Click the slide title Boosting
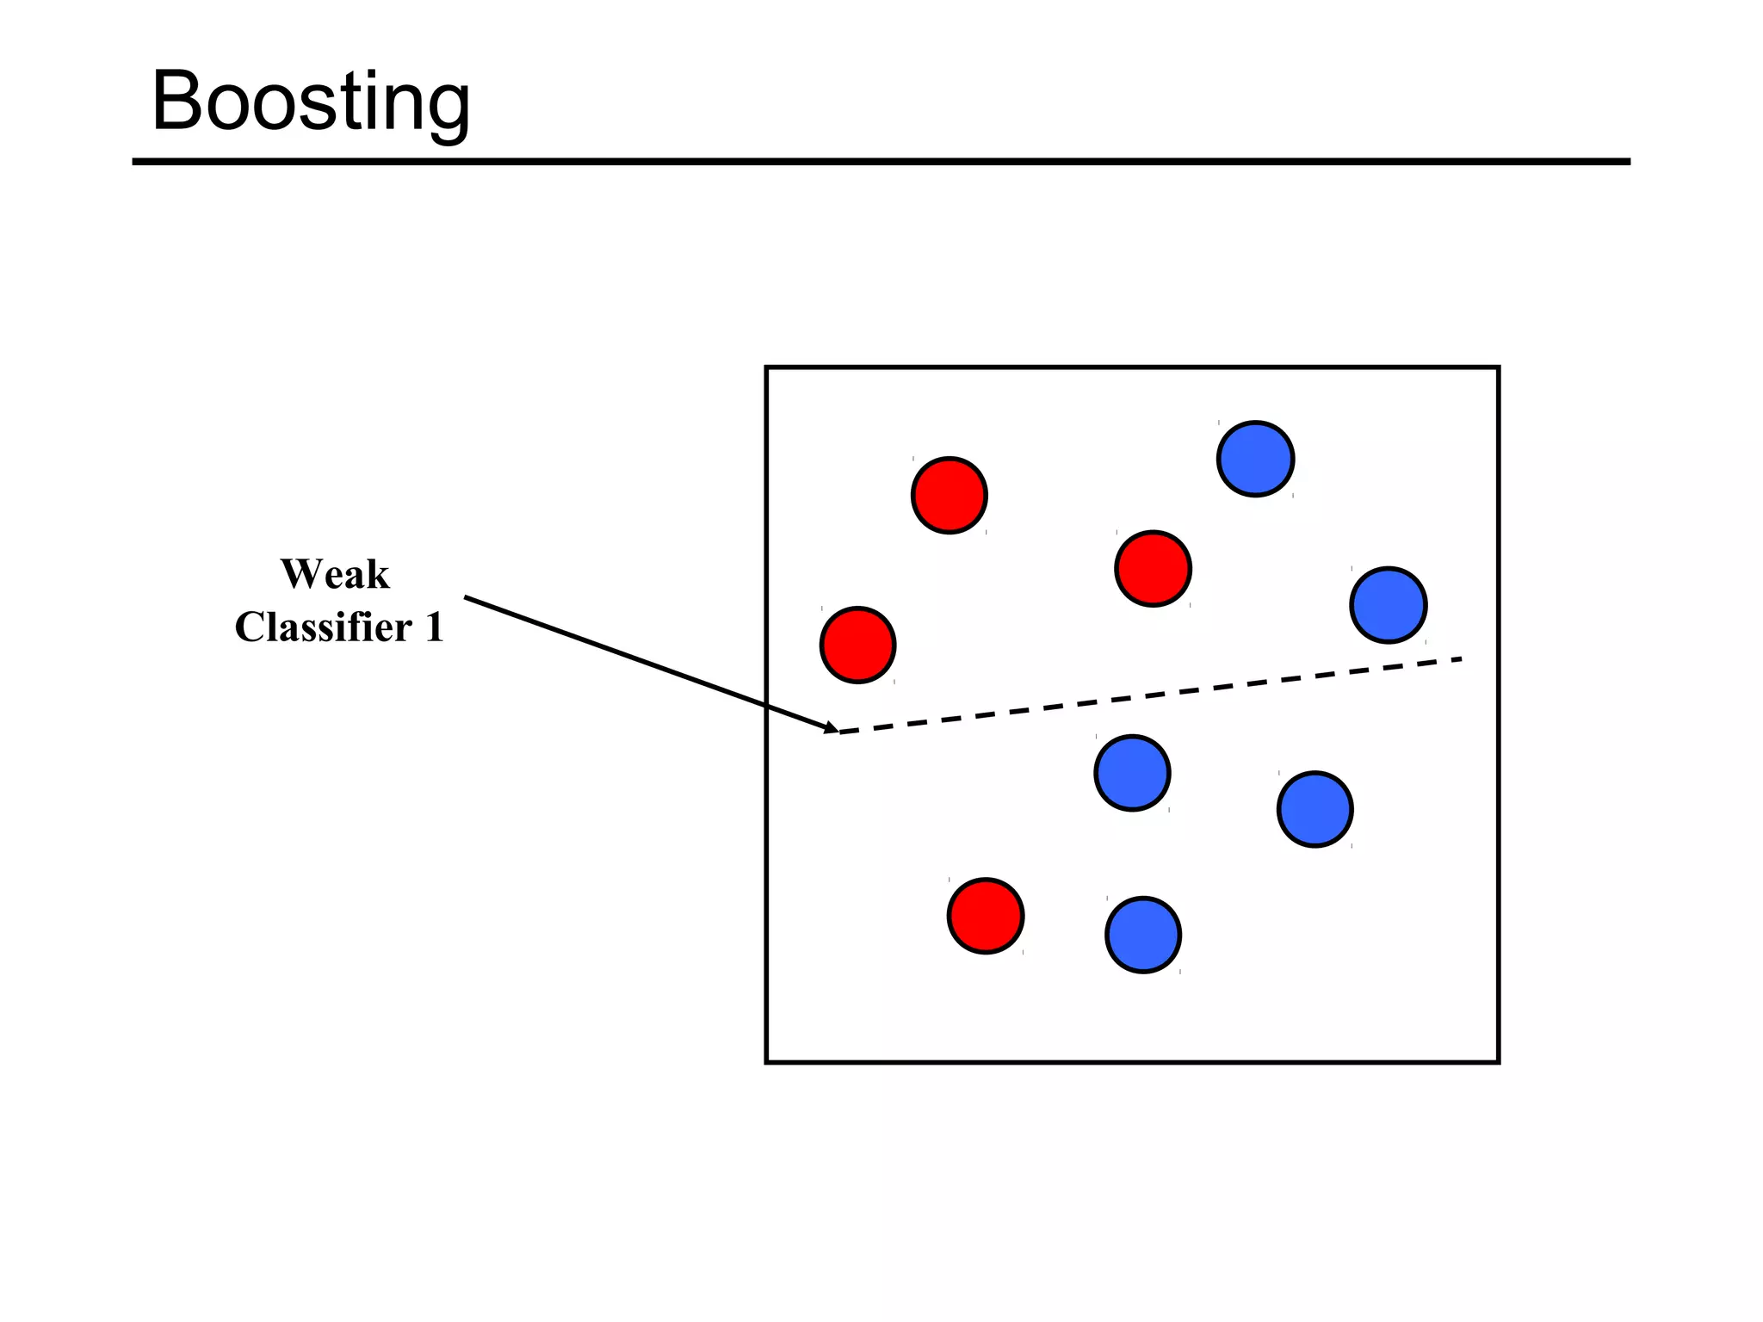311,102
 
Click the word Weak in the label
335,574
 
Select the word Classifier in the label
324,627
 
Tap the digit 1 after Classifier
434,627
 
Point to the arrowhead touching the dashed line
832,729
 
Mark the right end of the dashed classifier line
1461,659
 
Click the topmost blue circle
1255,459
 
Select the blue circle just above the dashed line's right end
1388,605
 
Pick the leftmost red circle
857,645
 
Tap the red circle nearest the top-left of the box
949,495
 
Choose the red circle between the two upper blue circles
1153,568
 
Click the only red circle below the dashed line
986,916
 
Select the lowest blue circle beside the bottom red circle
1142,935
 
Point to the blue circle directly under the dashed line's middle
1132,773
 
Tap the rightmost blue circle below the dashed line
1315,809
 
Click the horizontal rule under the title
881,161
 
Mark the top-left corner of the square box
767,368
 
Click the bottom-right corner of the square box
1498,1061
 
